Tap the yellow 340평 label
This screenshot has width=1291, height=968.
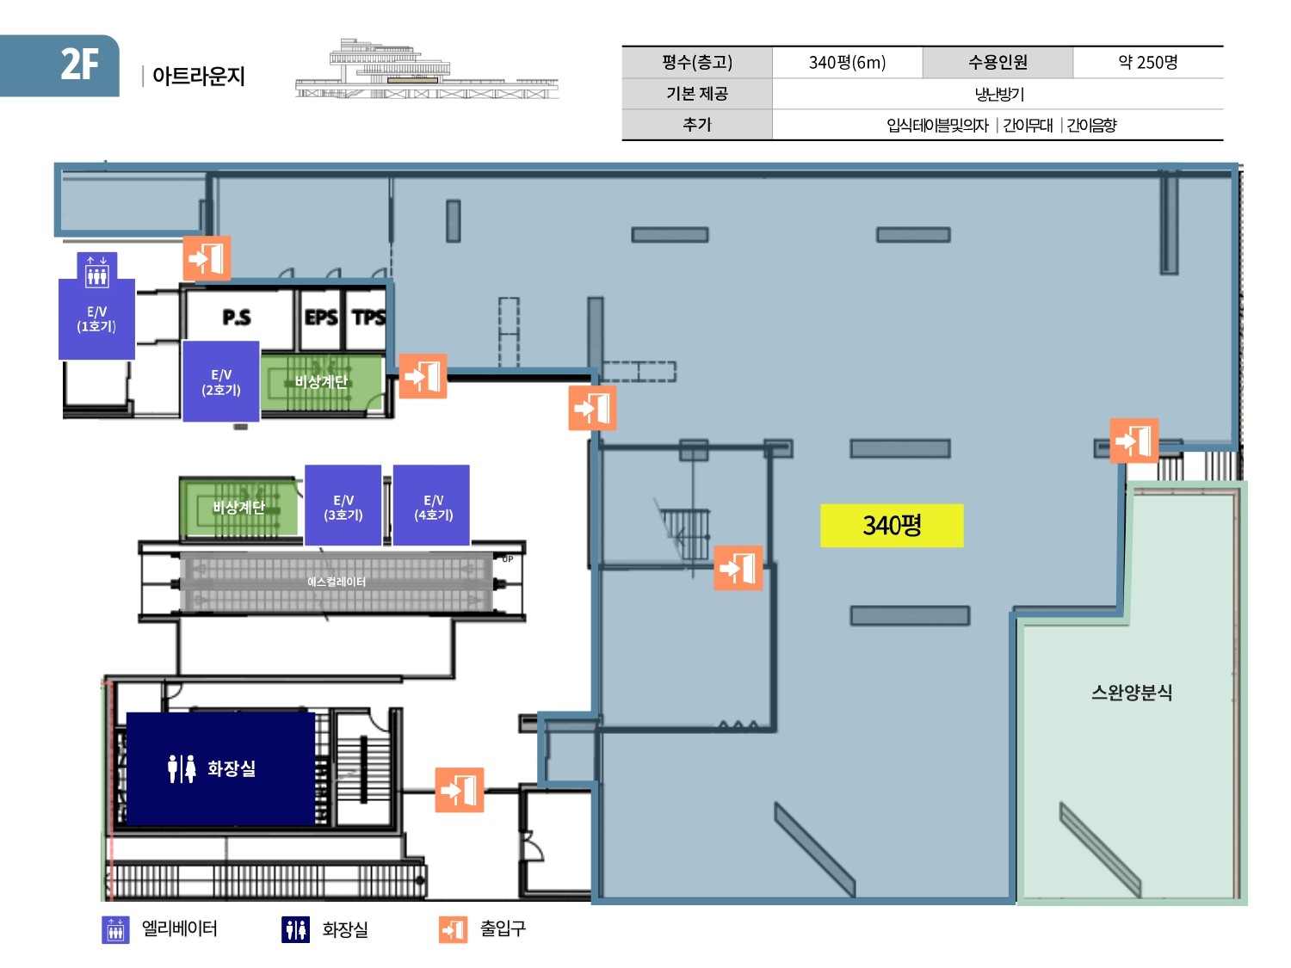click(892, 525)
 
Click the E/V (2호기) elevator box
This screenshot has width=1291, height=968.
click(221, 382)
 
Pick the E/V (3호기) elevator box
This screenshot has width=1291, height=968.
click(343, 507)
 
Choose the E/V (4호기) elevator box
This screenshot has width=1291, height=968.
click(432, 507)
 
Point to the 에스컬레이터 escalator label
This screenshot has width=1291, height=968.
click(337, 582)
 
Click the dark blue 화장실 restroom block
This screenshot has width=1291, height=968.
click(220, 768)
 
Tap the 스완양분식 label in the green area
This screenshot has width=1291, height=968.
click(1132, 693)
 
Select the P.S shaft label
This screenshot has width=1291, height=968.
click(237, 318)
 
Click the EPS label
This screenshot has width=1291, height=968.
click(321, 318)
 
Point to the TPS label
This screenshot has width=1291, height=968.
click(368, 318)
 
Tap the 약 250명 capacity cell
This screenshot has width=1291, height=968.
click(1147, 62)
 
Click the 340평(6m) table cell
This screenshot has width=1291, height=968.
click(847, 62)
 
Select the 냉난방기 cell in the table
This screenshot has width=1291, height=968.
click(998, 94)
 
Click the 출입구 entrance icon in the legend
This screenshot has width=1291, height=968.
click(453, 929)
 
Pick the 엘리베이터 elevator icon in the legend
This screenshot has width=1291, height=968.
click(115, 929)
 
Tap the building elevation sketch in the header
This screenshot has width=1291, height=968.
click(426, 71)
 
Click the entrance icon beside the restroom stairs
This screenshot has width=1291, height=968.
click(460, 790)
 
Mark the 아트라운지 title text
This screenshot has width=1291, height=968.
click(199, 76)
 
